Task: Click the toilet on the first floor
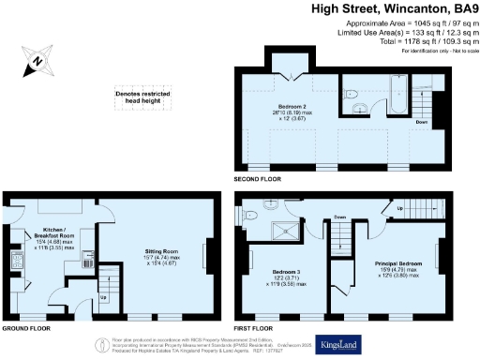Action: click(251, 214)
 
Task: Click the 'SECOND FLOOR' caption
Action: click(257, 176)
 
